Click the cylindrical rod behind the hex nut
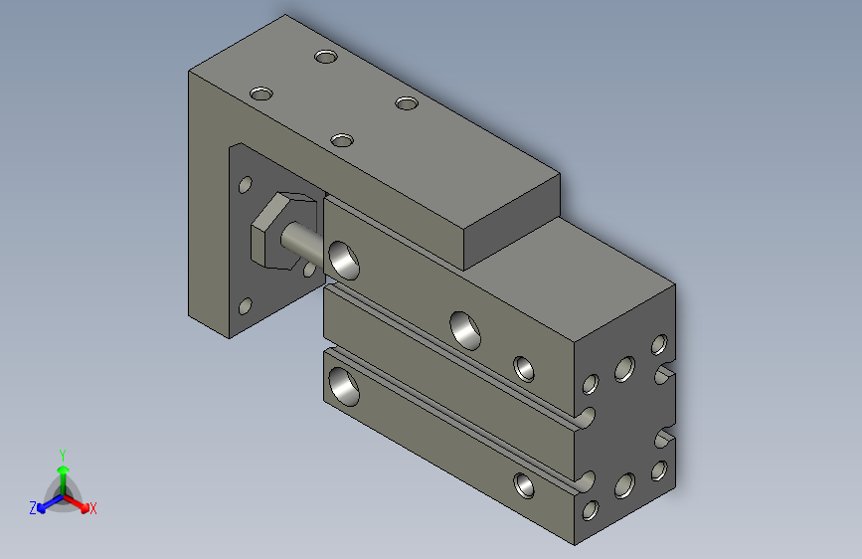coord(302,241)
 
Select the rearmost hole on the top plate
coord(325,57)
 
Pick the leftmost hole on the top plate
coord(261,93)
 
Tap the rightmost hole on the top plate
coord(406,102)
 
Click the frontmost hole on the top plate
coord(343,140)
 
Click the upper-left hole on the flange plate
coord(245,185)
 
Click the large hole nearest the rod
coord(345,258)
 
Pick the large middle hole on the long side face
coord(464,329)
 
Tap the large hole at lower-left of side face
coord(342,386)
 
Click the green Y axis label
coord(62,453)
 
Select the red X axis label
coord(92,508)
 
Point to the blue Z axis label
coord(33,508)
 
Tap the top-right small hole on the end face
coord(657,345)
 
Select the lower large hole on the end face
coord(623,485)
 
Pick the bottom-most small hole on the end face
coord(590,511)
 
